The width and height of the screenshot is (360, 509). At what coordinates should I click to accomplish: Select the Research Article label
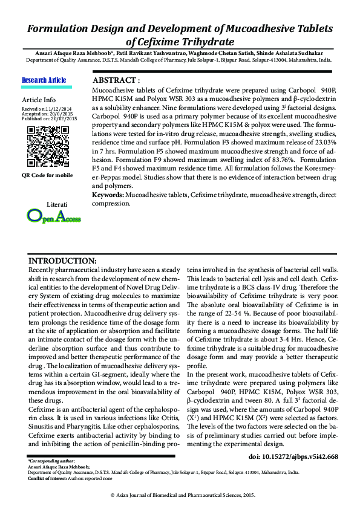pyautogui.click(x=44, y=80)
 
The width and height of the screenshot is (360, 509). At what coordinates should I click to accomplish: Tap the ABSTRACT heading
pyautogui.click(x=116, y=80)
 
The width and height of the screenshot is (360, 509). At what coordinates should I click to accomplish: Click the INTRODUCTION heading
pyautogui.click(x=63, y=260)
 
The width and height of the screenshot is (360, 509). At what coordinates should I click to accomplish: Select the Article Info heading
pyautogui.click(x=39, y=99)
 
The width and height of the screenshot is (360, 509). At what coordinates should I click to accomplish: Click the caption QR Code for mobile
pyautogui.click(x=47, y=175)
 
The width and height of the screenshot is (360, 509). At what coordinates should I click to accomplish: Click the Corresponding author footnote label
pyautogui.click(x=51, y=461)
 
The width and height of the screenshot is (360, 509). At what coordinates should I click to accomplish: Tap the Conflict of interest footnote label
pyautogui.click(x=48, y=478)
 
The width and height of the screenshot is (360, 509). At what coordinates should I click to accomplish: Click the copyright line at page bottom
pyautogui.click(x=180, y=494)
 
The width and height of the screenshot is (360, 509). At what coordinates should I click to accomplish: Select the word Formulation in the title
pyautogui.click(x=65, y=29)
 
